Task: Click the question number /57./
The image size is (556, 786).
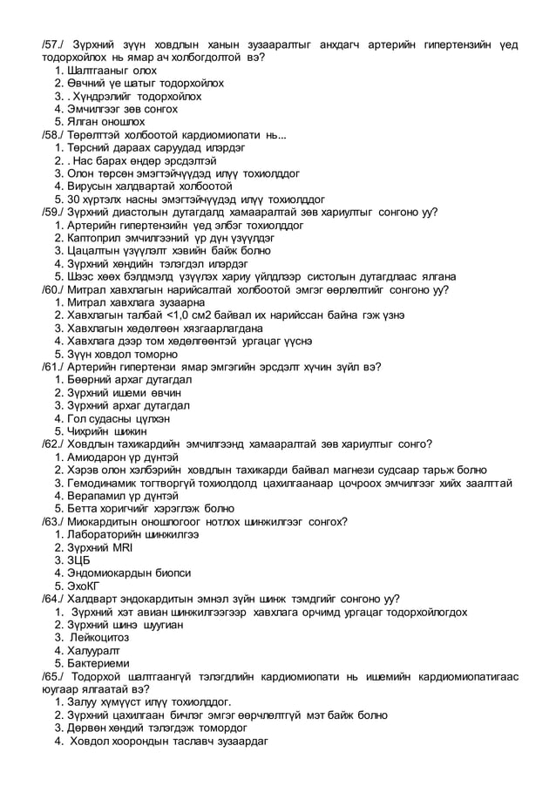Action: pyautogui.click(x=54, y=45)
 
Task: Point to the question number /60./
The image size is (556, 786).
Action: pyautogui.click(x=54, y=289)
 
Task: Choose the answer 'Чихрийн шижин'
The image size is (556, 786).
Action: pyautogui.click(x=107, y=431)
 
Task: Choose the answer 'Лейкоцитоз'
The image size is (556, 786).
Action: pyautogui.click(x=101, y=638)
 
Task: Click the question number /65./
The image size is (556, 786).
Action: pyautogui.click(x=54, y=676)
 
